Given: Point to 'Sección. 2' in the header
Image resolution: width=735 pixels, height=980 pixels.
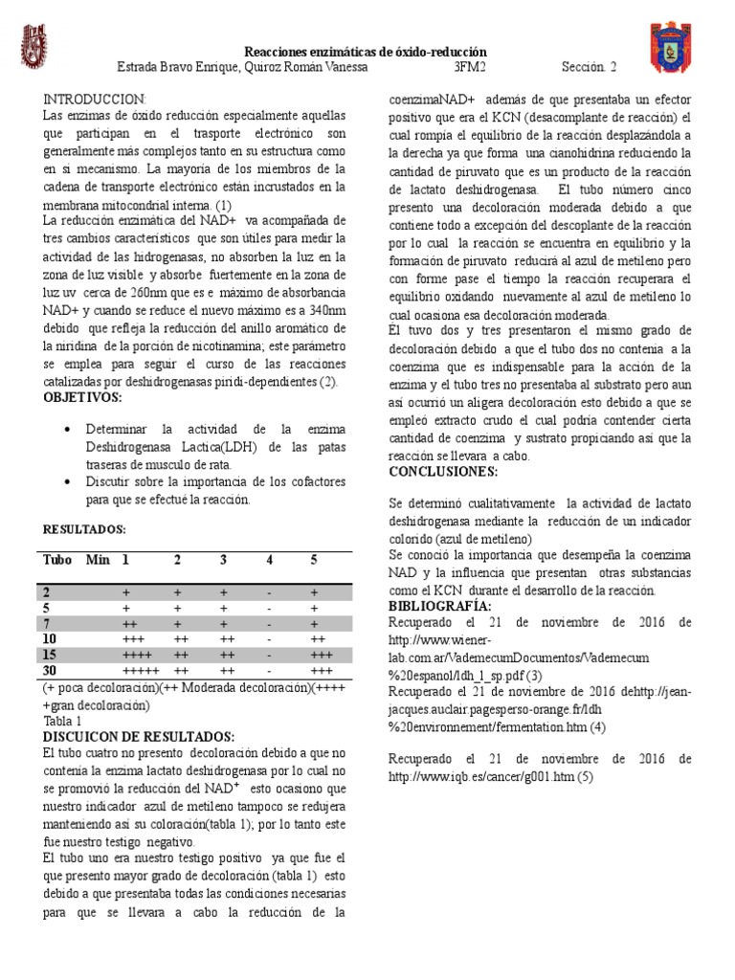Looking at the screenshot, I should coord(590,69).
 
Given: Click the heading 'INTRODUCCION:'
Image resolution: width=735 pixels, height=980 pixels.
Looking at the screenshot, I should coord(96,100).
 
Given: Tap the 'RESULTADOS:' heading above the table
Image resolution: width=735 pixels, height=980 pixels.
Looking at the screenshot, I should coord(85,528).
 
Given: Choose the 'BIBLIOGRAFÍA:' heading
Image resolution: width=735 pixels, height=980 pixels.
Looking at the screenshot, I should coord(440,607).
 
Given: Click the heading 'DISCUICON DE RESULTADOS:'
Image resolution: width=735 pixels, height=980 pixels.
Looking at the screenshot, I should coord(139,736).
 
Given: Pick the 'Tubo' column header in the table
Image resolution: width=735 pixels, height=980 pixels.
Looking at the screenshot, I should coord(57,559).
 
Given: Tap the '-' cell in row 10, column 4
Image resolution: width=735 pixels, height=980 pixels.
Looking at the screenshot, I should coord(270,638).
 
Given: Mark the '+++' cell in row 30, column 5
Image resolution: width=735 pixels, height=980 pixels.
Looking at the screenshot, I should coord(321,671).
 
